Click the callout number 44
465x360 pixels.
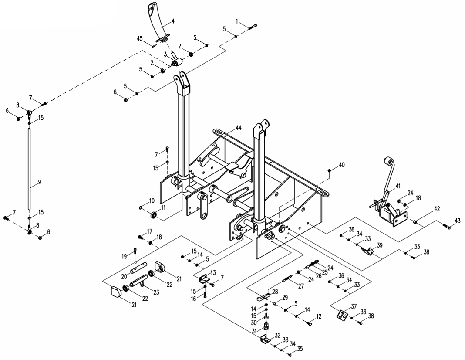239,127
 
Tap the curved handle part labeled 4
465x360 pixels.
158,22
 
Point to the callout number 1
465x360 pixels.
238,21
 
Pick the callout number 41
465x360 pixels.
398,186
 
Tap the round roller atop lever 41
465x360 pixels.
386,161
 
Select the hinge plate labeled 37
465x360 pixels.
342,314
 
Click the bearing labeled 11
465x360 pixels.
154,215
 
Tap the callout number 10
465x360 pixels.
152,200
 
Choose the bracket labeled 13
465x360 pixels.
202,279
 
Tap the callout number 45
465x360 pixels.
140,39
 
